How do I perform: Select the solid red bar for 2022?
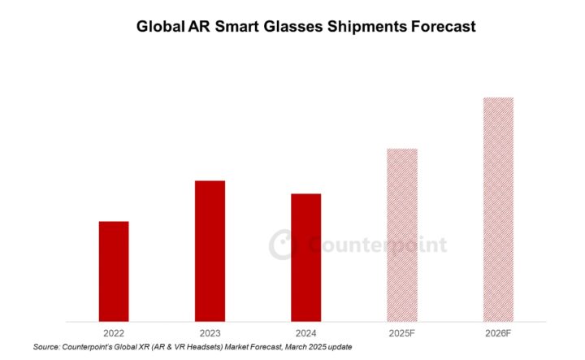click(113, 271)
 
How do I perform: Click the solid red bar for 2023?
click(210, 250)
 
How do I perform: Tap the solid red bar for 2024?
click(306, 257)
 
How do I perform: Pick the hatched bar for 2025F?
click(402, 234)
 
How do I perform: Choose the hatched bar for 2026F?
click(498, 209)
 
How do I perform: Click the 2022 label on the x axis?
click(113, 332)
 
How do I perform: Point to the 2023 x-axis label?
click(210, 332)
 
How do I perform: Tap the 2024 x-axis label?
click(306, 332)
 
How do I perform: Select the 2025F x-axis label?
click(402, 332)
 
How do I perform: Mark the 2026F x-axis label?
click(498, 332)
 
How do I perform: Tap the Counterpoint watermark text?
click(379, 245)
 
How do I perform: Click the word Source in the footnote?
click(46, 347)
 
